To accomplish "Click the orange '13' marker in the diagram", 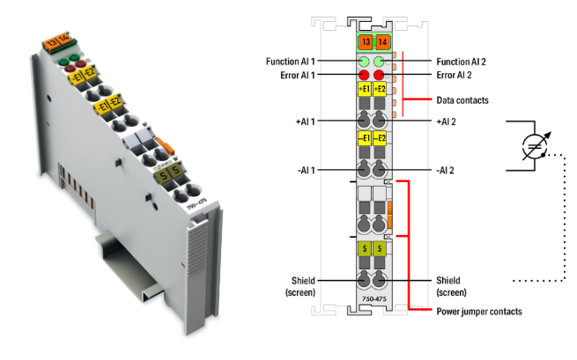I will (365, 41).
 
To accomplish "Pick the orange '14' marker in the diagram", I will (381, 41).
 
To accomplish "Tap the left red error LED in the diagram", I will (364, 76).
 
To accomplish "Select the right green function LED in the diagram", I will (381, 62).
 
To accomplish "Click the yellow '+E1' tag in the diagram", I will (364, 90).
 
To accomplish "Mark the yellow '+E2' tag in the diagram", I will (381, 90).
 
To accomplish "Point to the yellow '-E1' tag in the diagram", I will (364, 138).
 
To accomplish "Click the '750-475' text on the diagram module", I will (373, 300).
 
